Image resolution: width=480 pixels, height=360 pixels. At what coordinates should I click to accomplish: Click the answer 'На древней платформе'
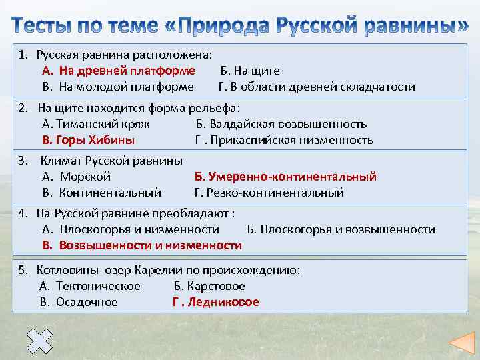[x=127, y=71]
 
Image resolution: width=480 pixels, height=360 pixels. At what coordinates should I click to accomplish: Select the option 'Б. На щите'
[x=250, y=71]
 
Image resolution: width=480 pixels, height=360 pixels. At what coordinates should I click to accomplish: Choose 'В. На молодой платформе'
[x=118, y=87]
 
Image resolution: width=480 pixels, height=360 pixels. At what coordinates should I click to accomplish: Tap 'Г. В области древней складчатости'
[x=317, y=87]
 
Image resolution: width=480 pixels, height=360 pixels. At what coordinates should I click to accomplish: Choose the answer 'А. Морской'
[x=77, y=177]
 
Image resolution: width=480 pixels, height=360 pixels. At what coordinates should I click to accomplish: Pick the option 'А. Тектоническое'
[x=90, y=286]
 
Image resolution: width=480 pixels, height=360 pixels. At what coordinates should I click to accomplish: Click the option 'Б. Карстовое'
[x=209, y=286]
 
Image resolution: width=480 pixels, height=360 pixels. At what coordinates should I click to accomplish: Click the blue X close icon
[x=40, y=342]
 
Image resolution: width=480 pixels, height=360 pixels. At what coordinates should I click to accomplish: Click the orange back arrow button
[x=460, y=342]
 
